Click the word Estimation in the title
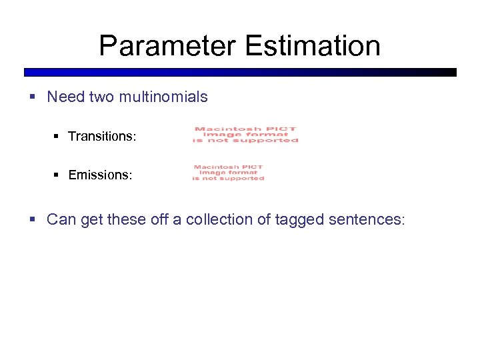click(x=313, y=46)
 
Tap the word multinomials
click(x=163, y=97)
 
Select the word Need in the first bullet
click(x=65, y=97)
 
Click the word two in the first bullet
click(x=102, y=97)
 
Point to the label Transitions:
click(x=102, y=137)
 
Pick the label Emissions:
click(x=100, y=175)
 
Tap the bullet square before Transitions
click(x=56, y=137)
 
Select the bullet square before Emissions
click(x=56, y=175)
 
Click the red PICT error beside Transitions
click(x=245, y=135)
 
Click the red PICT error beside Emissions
click(x=228, y=173)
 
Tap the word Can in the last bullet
click(x=61, y=219)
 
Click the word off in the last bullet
click(x=160, y=219)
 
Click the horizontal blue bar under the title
click(x=240, y=72)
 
